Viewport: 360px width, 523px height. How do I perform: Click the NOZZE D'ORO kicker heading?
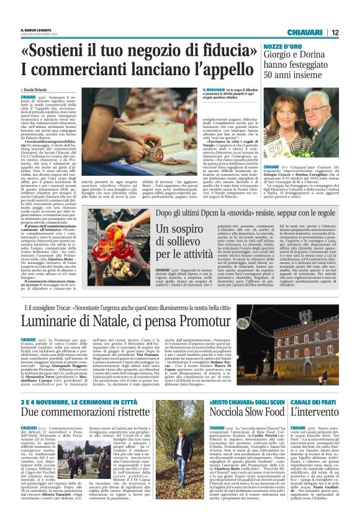tap(283, 47)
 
